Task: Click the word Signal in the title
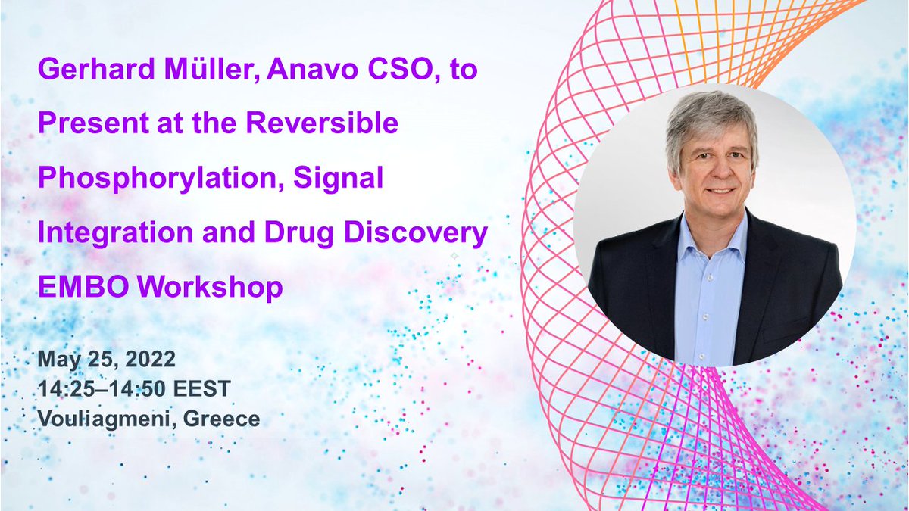tap(344, 179)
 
